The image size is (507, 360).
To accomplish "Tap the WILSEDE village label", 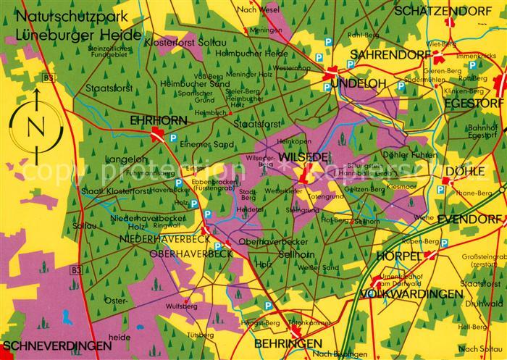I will pyautogui.click(x=303, y=157).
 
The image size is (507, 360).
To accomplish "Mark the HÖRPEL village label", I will pyautogui.click(x=398, y=256).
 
